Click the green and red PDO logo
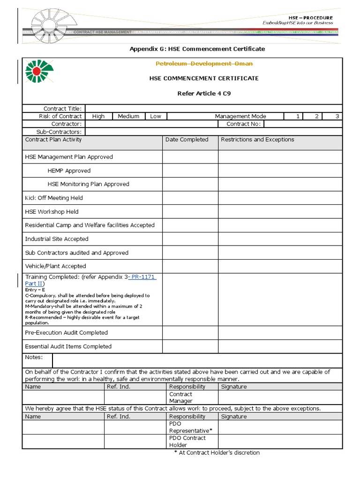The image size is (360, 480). point(39,73)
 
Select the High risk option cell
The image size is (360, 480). point(98,116)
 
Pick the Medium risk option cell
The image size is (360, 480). point(128,116)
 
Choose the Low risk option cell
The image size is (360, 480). point(155,116)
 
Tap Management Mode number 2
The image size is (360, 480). point(317,116)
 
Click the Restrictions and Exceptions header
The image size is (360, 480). point(257,140)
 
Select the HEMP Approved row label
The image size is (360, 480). point(69,171)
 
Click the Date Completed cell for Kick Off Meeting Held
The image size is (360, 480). point(190,198)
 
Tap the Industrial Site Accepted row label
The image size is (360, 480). point(56,239)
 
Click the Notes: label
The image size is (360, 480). point(34,358)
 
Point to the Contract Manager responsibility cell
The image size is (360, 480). point(181,397)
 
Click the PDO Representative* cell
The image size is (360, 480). point(190,427)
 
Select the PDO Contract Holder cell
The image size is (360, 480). point(187,442)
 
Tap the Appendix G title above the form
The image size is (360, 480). point(197,49)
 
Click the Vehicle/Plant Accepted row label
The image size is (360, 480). point(55,266)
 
